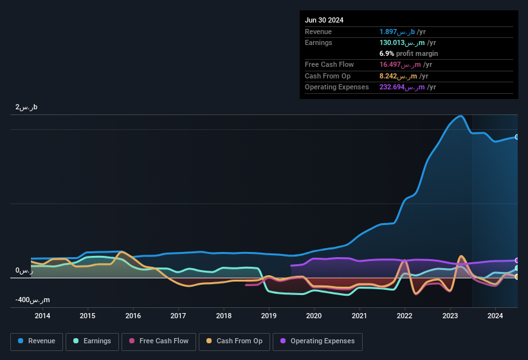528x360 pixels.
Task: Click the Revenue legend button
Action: pyautogui.click(x=37, y=341)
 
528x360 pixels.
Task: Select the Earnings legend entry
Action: pyautogui.click(x=92, y=341)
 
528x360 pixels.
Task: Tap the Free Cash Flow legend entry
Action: pyautogui.click(x=159, y=341)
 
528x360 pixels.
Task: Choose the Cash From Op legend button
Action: pyautogui.click(x=233, y=341)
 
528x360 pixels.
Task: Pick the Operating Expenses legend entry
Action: pyautogui.click(x=317, y=341)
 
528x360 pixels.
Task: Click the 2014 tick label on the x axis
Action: pyautogui.click(x=42, y=316)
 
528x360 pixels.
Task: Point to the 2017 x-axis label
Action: pyautogui.click(x=178, y=316)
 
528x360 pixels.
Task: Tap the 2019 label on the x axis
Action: pyautogui.click(x=269, y=316)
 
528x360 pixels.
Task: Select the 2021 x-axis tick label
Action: pyautogui.click(x=360, y=316)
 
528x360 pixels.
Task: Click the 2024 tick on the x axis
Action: pyautogui.click(x=495, y=316)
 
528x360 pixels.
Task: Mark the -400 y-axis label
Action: pyautogui.click(x=32, y=300)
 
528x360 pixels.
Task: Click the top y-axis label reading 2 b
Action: pyautogui.click(x=26, y=107)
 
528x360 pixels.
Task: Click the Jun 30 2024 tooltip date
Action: pyautogui.click(x=324, y=20)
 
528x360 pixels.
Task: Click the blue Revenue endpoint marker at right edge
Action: pyautogui.click(x=517, y=137)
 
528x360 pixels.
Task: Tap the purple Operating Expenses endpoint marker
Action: pyautogui.click(x=517, y=260)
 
